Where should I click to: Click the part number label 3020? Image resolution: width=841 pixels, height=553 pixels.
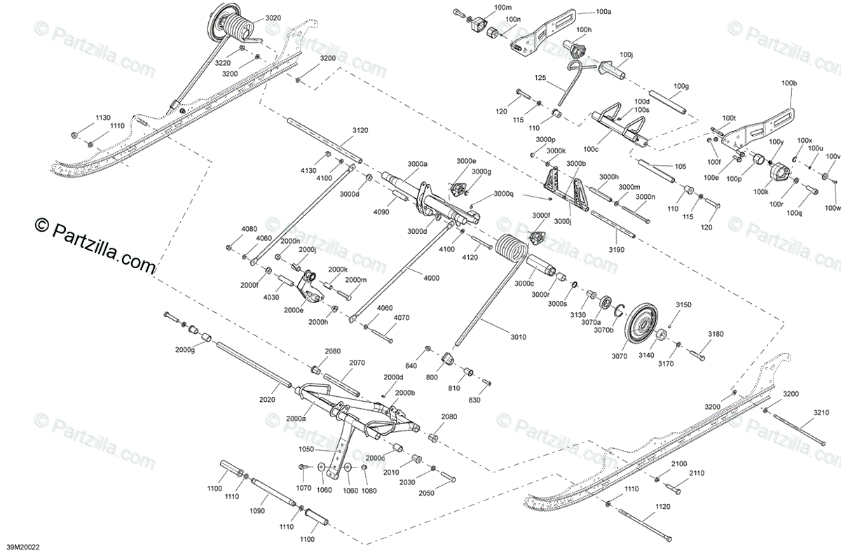point(273,17)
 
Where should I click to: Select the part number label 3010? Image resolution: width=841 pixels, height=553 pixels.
point(518,337)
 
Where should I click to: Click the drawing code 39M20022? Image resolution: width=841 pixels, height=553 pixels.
point(22,546)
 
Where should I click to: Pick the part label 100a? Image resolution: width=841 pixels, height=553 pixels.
point(603,12)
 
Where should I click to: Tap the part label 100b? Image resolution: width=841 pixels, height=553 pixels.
point(789,83)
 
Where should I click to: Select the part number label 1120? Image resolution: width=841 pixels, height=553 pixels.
point(662,506)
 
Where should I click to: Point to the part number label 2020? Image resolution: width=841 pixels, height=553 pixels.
point(267,400)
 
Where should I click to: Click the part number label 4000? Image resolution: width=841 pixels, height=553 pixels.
point(431,278)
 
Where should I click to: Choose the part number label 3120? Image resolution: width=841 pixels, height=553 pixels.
point(360,131)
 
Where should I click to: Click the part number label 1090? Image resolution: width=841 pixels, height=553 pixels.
point(257,511)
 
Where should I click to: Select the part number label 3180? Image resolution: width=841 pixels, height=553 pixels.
point(716,334)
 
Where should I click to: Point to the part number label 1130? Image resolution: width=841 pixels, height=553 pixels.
point(103,117)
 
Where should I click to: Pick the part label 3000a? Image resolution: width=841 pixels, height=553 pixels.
point(416,164)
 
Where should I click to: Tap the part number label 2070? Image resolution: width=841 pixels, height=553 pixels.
point(357,363)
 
